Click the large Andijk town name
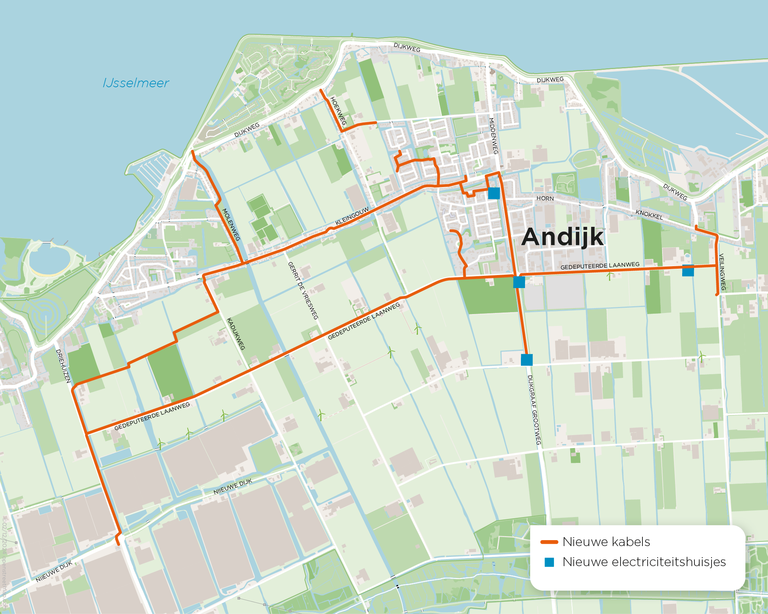[563, 237]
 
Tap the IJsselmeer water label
[136, 83]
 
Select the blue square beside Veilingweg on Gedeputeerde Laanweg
[688, 271]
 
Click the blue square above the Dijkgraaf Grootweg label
[526, 360]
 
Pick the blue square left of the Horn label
[494, 193]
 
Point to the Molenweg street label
[231, 224]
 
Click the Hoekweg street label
[338, 111]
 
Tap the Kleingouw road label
[352, 216]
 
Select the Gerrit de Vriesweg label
[303, 291]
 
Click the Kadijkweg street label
[236, 334]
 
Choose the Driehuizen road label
[63, 366]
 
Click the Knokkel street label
[649, 215]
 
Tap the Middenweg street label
[493, 136]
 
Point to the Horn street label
[545, 199]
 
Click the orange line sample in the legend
[549, 542]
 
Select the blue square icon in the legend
[549, 562]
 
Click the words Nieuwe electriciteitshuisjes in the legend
[644, 562]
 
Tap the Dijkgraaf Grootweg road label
[534, 410]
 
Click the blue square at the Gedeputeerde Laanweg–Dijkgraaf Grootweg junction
[519, 282]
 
